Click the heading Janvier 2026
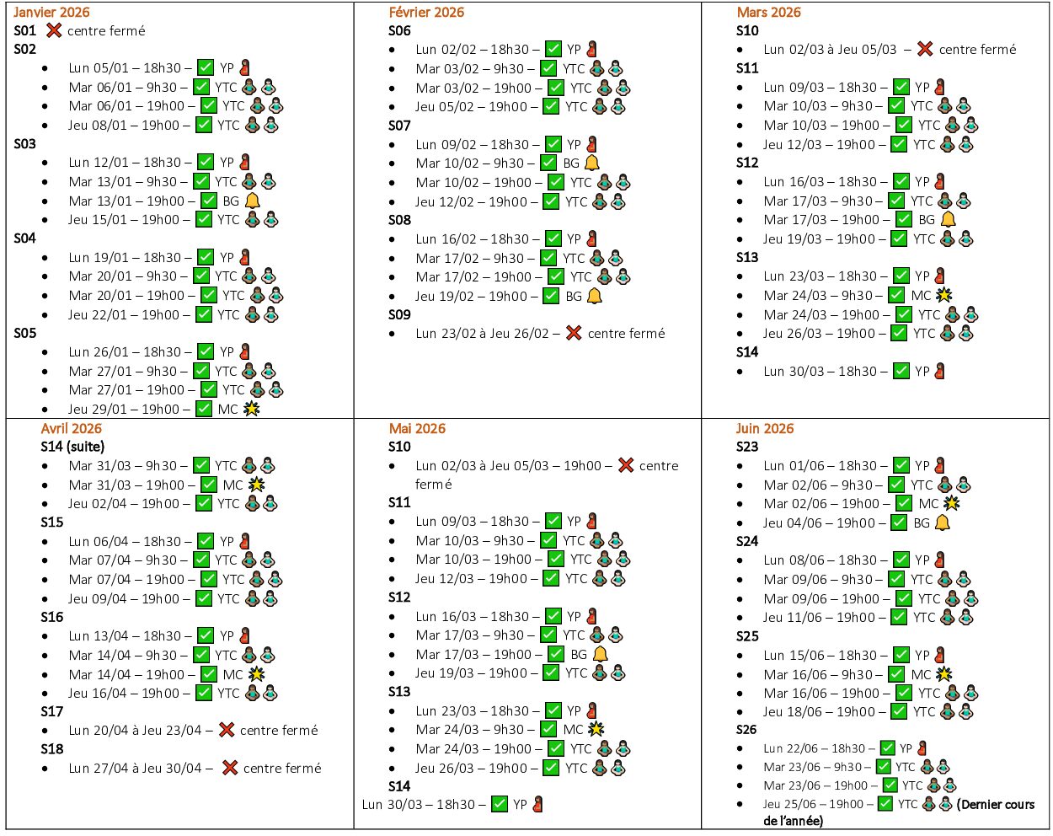point(51,12)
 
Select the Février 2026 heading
point(426,12)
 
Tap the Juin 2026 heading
point(765,428)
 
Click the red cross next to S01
point(54,30)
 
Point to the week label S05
point(25,333)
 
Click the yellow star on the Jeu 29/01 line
point(251,409)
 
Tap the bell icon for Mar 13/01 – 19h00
point(252,201)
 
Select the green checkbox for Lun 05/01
point(206,67)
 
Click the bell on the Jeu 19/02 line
point(594,296)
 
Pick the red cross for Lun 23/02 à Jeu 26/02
point(574,333)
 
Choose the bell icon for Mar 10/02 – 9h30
point(592,163)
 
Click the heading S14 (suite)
point(72,447)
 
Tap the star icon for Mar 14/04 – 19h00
point(256,674)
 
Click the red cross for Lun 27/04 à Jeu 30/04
point(229,768)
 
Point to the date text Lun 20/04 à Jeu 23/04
point(135,731)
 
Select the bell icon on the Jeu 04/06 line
point(942,522)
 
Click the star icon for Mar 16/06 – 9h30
point(943,674)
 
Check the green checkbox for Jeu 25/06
point(885,804)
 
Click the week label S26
point(747,730)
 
